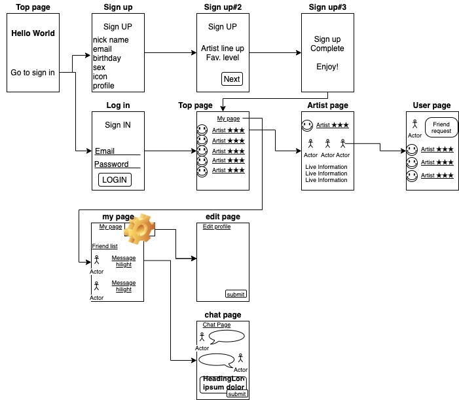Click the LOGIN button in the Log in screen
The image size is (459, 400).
coord(115,180)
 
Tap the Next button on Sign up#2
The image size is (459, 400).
coord(232,79)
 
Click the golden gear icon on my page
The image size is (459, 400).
coord(139,228)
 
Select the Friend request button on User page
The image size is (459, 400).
coord(441,127)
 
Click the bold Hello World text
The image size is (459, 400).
coord(33,33)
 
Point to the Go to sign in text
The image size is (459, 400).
coord(33,73)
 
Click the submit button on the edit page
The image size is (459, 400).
coord(236,294)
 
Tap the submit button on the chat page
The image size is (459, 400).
coord(236,393)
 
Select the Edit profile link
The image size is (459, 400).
coord(216,227)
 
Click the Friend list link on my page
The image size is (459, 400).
coord(105,246)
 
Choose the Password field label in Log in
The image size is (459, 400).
coord(111,164)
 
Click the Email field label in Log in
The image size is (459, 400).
coord(105,151)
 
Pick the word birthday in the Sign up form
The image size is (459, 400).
coord(107,58)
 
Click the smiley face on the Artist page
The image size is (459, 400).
coord(307,125)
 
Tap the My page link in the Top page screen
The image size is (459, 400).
coord(229,118)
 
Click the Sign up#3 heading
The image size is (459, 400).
coord(327,7)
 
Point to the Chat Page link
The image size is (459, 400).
coord(217,325)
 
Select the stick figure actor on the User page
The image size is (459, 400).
coord(414,124)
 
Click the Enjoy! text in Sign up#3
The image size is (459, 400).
coord(327,67)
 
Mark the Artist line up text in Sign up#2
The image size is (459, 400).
coord(223,48)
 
